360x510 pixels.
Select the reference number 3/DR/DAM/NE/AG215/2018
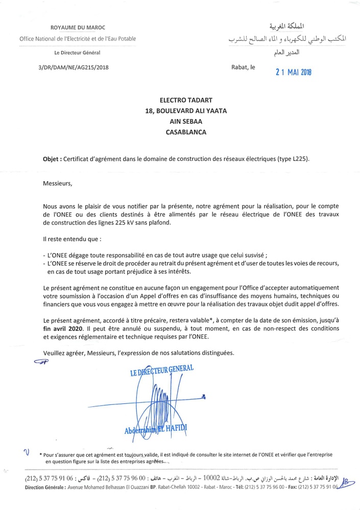coord(74,67)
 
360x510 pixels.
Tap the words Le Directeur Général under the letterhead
coord(78,53)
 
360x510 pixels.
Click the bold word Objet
coord(52,159)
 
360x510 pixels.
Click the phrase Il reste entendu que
coord(68,238)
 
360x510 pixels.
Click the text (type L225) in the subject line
coord(293,159)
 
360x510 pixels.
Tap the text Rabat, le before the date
coord(244,67)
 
